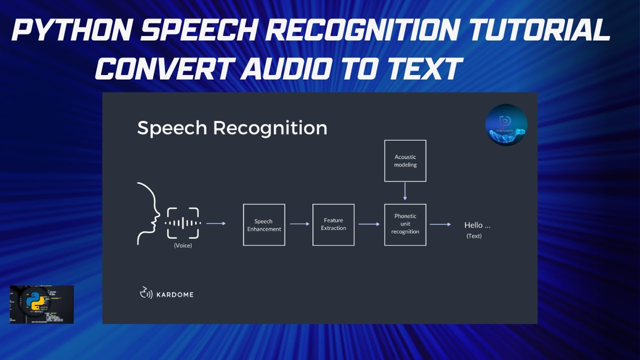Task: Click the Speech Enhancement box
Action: coord(264,225)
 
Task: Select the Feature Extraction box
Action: coord(333,224)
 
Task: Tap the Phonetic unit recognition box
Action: coord(405,224)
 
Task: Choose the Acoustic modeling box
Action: coord(405,160)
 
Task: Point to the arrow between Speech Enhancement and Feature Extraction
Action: coord(299,224)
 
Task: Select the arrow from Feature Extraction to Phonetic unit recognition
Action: coord(369,224)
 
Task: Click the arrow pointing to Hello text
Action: coord(440,224)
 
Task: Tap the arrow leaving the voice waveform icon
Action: coord(216,223)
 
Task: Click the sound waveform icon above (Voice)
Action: coord(183,223)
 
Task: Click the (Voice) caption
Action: coord(183,245)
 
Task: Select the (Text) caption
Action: coord(474,236)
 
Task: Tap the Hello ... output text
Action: coord(477,225)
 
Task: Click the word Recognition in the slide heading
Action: coord(270,128)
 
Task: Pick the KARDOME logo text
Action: coord(175,294)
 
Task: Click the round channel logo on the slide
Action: coord(506,125)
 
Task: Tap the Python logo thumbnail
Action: coord(41,304)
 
